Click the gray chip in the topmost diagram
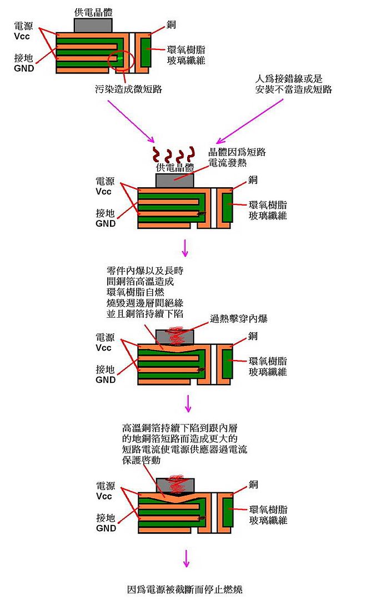click(x=93, y=24)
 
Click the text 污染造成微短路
click(x=129, y=88)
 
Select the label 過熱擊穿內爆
click(x=239, y=319)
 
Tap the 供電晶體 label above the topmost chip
click(x=92, y=12)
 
